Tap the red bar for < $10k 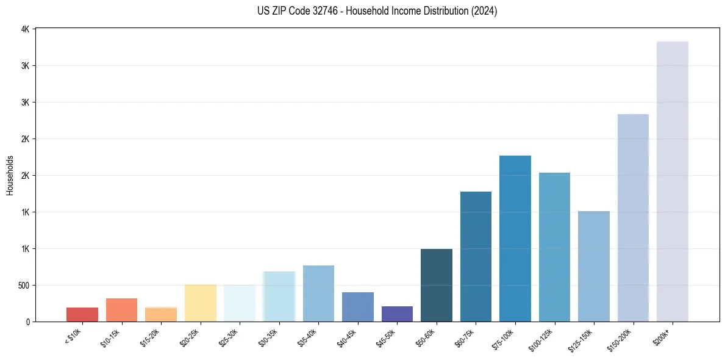pyautogui.click(x=82, y=314)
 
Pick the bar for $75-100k pyautogui.click(x=515, y=239)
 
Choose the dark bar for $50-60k pyautogui.click(x=437, y=285)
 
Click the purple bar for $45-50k pyautogui.click(x=397, y=314)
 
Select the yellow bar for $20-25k pyautogui.click(x=201, y=303)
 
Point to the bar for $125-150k pyautogui.click(x=594, y=266)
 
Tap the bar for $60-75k pyautogui.click(x=476, y=256)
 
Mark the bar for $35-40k pyautogui.click(x=318, y=293)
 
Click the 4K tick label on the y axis pyautogui.click(x=25, y=29)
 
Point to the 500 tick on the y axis pyautogui.click(x=22, y=286)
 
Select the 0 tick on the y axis pyautogui.click(x=27, y=322)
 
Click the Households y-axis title pyautogui.click(x=10, y=175)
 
